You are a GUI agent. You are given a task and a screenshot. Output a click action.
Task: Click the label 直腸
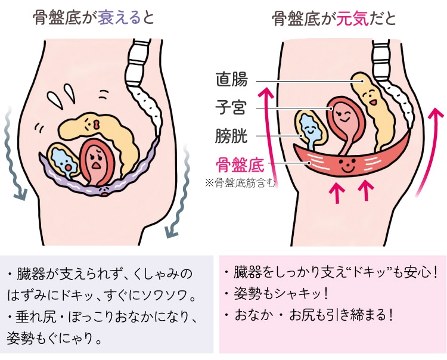pyautogui.click(x=231, y=79)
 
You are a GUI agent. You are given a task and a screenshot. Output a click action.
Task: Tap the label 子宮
pyautogui.click(x=231, y=108)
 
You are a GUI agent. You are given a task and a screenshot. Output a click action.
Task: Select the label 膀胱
pyautogui.click(x=231, y=136)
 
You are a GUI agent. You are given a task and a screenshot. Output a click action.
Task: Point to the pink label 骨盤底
pyautogui.click(x=240, y=164)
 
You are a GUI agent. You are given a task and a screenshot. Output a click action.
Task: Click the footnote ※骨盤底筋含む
pyautogui.click(x=240, y=183)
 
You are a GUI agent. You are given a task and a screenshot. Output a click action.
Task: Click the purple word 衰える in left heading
pyautogui.click(x=119, y=18)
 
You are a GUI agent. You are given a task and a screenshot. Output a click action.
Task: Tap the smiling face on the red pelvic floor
pyautogui.click(x=347, y=166)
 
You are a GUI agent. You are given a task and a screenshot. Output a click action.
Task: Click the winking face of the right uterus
pyautogui.click(x=343, y=116)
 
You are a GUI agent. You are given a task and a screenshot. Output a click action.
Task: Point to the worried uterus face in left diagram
pyautogui.click(x=95, y=160)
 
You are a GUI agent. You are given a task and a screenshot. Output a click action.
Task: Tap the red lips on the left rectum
pyautogui.click(x=97, y=124)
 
